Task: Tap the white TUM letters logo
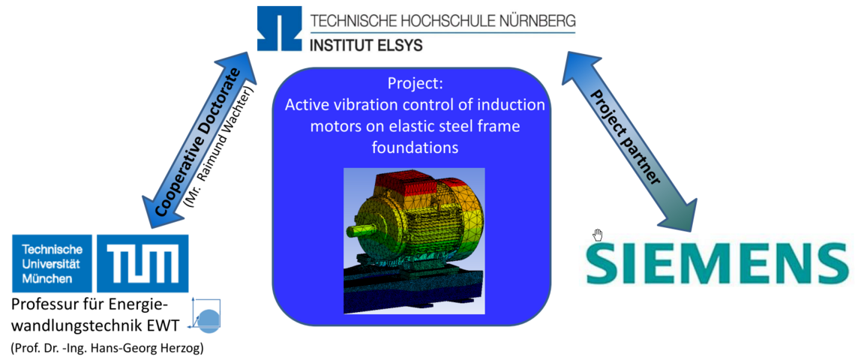(x=142, y=263)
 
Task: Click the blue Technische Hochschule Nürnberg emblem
(x=280, y=31)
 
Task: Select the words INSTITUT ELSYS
(x=366, y=45)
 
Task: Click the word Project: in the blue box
(x=411, y=85)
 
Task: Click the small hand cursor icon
(x=598, y=235)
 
